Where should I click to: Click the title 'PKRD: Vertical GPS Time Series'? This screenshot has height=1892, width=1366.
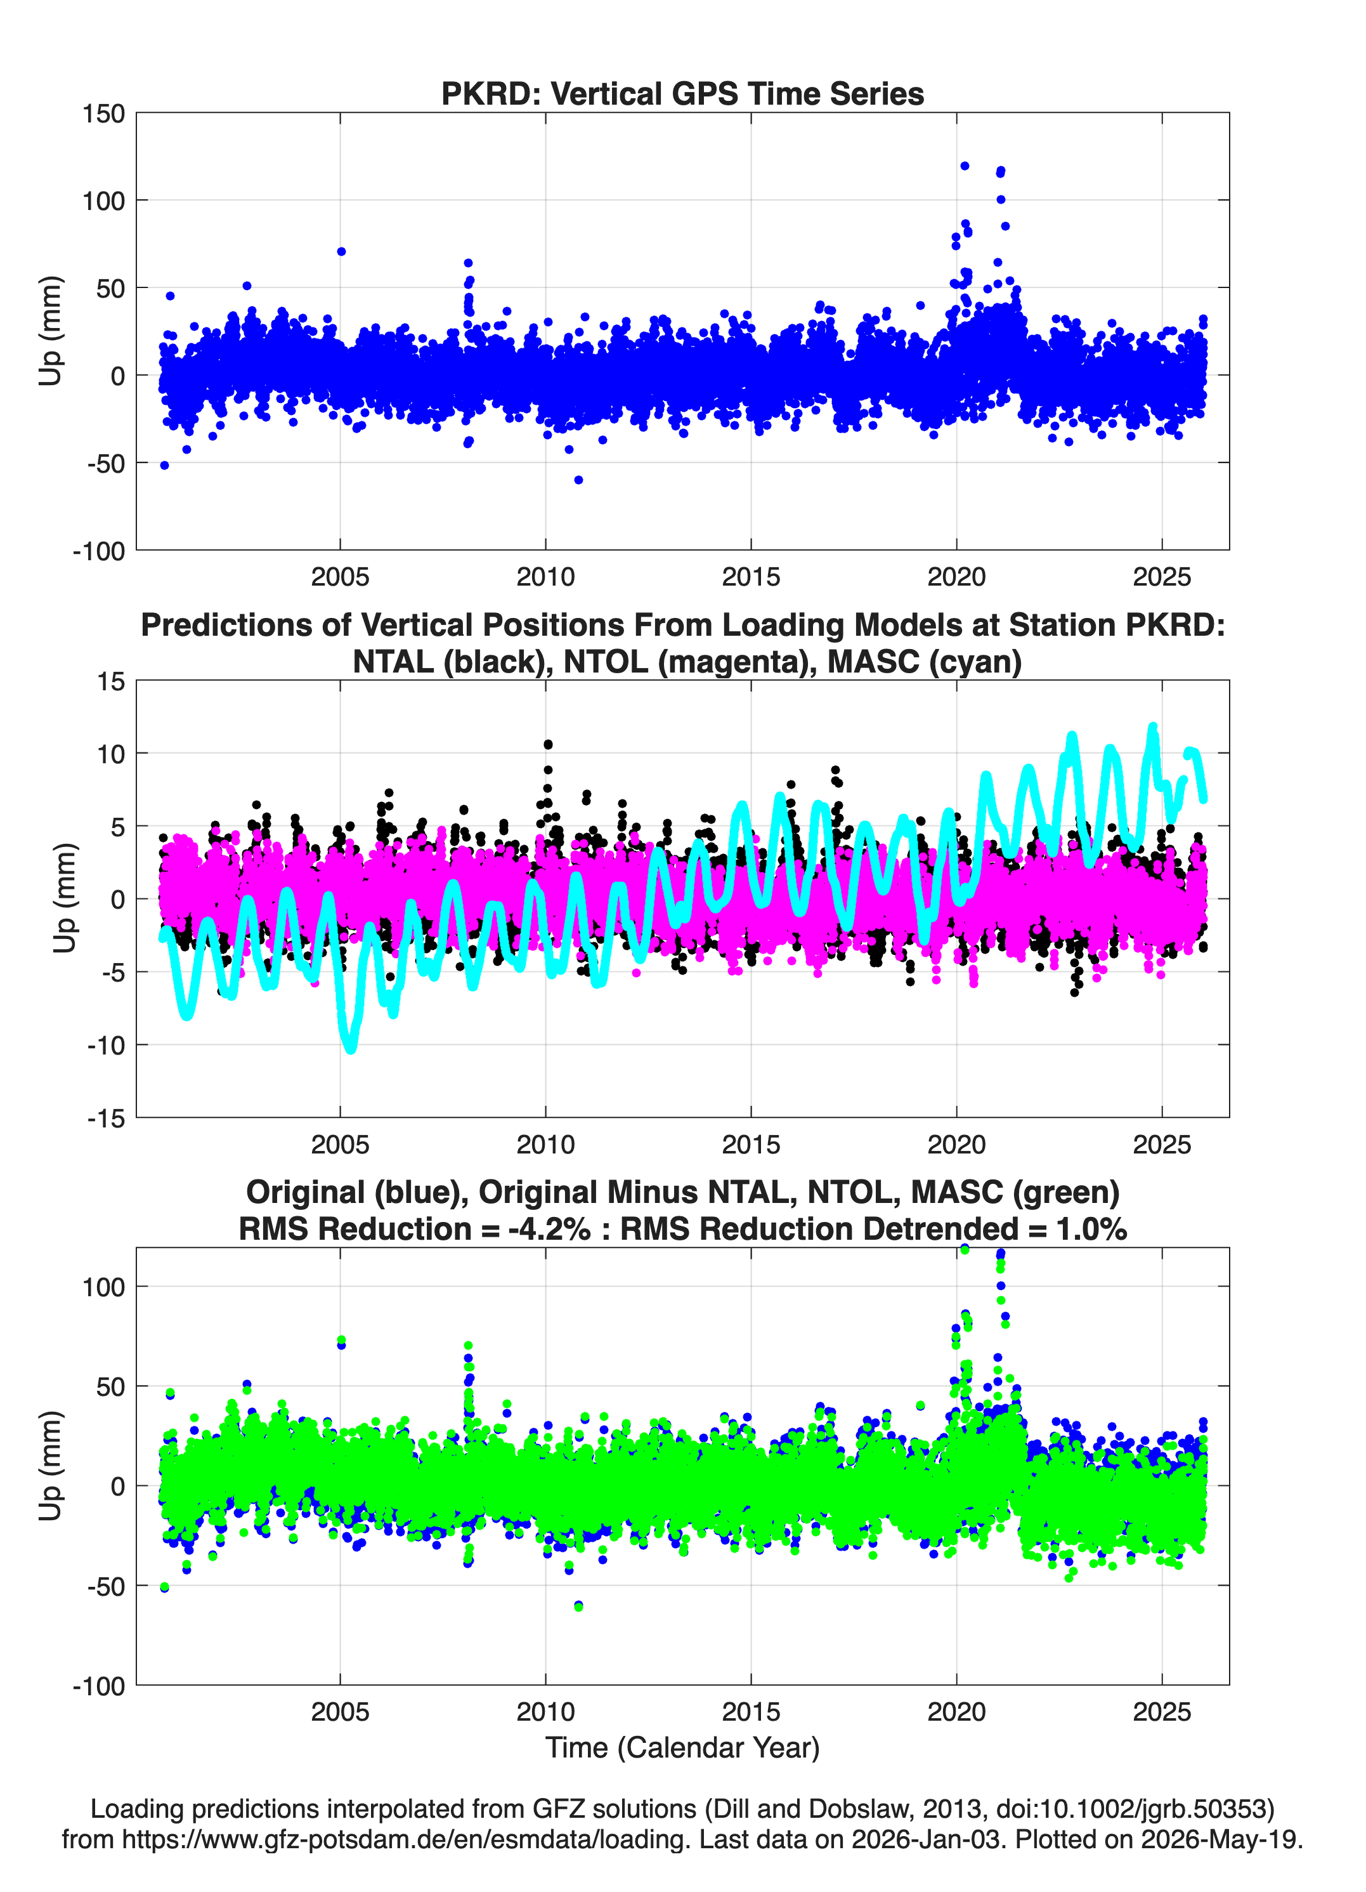tap(682, 93)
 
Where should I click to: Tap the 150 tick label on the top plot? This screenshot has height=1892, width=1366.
tap(103, 114)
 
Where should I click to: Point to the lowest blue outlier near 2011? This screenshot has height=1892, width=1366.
tap(578, 480)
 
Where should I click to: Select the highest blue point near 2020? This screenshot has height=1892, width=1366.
tap(965, 166)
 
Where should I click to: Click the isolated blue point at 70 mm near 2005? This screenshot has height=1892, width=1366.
tap(341, 251)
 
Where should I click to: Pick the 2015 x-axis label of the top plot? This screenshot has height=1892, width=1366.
tap(751, 577)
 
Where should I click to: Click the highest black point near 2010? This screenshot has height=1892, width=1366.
tap(548, 744)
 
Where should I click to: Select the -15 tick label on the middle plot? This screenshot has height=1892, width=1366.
tap(107, 1119)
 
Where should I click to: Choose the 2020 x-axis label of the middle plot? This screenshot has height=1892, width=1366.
tap(956, 1145)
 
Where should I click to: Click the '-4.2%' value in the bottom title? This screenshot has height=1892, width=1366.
tap(549, 1229)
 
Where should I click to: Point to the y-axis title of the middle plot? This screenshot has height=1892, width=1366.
tap(65, 898)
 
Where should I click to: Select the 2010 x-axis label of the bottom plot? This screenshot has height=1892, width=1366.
tap(545, 1712)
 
